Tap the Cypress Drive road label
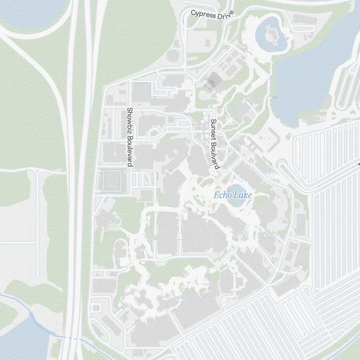pyautogui.click(x=212, y=15)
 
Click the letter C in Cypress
pyautogui.click(x=193, y=13)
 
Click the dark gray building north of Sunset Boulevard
pyautogui.click(x=214, y=81)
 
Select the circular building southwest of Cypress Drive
pyautogui.click(x=173, y=56)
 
